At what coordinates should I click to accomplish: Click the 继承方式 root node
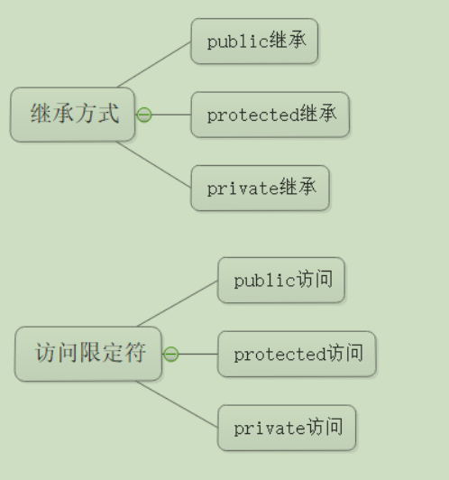pos(72,115)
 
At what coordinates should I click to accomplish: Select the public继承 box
pos(254,41)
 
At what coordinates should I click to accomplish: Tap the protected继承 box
pos(270,115)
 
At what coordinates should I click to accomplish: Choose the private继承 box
pos(260,188)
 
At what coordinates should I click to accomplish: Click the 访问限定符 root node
pos(88,354)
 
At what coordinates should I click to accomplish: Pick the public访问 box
pos(281,280)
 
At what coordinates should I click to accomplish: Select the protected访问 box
pos(297,354)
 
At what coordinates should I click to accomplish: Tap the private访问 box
pos(287,428)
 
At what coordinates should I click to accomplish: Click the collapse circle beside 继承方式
pos(144,115)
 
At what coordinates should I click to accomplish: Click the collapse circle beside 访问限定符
pos(171,355)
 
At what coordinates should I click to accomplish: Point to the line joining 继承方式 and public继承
pos(154,65)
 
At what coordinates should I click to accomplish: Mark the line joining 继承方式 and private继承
pos(154,164)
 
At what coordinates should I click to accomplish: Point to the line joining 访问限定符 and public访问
pos(178,304)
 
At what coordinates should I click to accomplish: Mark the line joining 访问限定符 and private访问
pos(177,404)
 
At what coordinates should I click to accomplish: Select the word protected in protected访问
pos(280,355)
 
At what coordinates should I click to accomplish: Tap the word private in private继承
pos(243,189)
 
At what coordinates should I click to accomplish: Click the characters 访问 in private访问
pos(325,427)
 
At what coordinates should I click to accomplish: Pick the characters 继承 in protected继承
pos(318,114)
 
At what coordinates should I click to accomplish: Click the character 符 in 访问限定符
pos(135,353)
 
